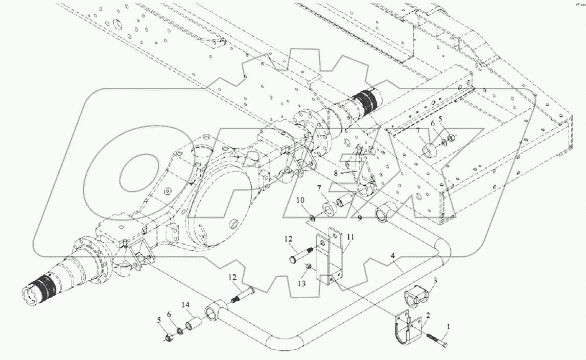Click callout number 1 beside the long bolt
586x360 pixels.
click(x=449, y=326)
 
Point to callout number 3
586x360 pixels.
click(x=435, y=280)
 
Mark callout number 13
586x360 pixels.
click(x=302, y=283)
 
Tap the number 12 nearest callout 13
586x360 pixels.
click(x=289, y=238)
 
